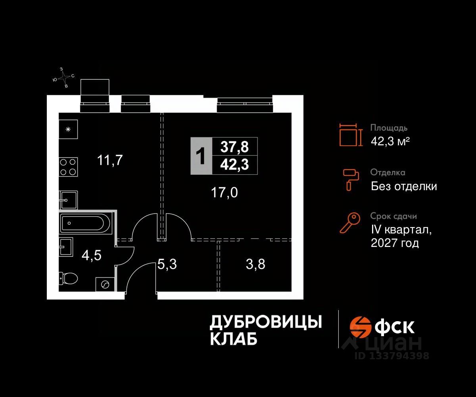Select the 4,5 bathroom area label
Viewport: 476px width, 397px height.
(92, 255)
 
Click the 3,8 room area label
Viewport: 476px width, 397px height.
(255, 264)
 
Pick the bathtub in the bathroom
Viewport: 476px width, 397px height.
(87, 224)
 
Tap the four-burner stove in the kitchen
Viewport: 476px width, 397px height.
(68, 167)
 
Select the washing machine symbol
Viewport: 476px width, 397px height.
(105, 284)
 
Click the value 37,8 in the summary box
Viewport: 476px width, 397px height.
(235, 147)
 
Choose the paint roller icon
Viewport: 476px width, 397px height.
(351, 179)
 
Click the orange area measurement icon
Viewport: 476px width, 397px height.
(351, 135)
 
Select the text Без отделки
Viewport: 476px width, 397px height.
(404, 186)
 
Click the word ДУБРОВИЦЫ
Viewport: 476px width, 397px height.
(265, 322)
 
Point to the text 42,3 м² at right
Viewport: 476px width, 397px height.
(390, 141)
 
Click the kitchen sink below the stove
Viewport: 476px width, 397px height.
(68, 199)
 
